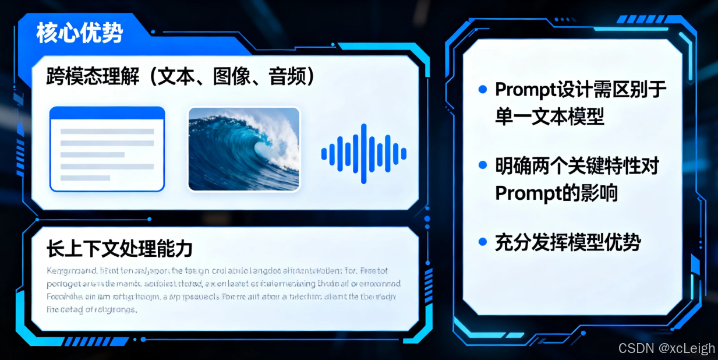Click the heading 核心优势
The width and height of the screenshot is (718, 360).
(79, 33)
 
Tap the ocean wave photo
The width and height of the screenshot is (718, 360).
(243, 149)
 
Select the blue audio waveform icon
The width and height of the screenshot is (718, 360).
(363, 154)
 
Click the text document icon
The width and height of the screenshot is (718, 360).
(107, 149)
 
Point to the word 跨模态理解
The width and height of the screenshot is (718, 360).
(93, 77)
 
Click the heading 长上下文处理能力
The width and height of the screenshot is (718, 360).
(119, 249)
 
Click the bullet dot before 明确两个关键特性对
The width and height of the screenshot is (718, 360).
(482, 165)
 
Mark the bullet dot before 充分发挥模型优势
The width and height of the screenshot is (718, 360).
(482, 241)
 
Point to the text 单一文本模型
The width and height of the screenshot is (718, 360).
(550, 117)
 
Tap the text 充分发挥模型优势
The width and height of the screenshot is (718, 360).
(568, 242)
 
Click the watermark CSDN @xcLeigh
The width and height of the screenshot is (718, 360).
(666, 348)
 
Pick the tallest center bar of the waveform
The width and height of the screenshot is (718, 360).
(364, 154)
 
